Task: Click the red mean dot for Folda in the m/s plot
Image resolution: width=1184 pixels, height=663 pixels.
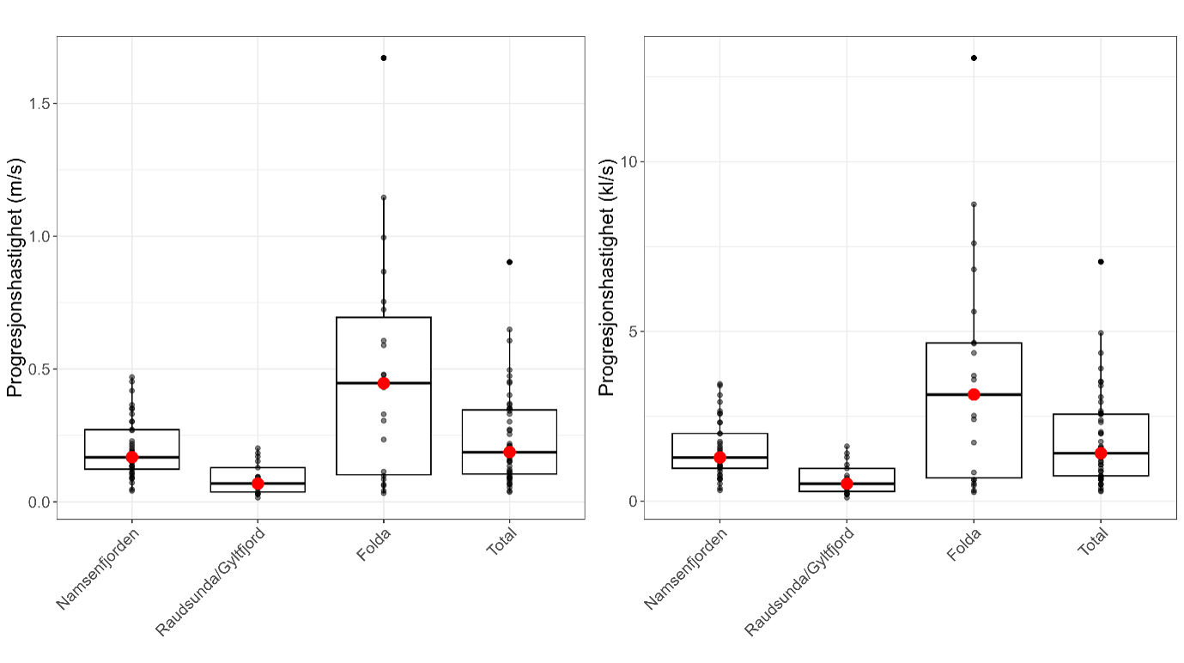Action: click(x=384, y=383)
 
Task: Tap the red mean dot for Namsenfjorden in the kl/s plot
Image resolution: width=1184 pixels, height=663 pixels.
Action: click(x=720, y=458)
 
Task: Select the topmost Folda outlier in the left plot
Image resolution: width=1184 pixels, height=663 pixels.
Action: click(x=384, y=58)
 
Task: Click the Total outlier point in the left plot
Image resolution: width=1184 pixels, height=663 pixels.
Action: click(x=509, y=262)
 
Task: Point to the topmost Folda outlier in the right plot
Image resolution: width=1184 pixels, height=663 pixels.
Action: click(x=974, y=58)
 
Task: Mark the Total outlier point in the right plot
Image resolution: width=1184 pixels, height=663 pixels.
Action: click(x=1101, y=261)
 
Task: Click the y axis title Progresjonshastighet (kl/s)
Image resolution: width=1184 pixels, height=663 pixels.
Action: click(x=606, y=277)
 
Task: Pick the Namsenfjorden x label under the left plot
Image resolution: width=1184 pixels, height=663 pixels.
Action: click(x=99, y=569)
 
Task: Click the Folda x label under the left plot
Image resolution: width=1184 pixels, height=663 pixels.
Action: click(x=370, y=546)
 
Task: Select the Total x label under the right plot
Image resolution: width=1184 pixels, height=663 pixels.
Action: click(x=1090, y=544)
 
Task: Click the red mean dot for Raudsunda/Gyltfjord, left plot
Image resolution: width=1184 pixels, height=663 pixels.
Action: click(x=258, y=484)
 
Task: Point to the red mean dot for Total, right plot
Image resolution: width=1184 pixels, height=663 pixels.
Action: click(x=1101, y=453)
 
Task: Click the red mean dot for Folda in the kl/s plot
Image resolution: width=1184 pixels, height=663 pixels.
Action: click(x=974, y=394)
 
